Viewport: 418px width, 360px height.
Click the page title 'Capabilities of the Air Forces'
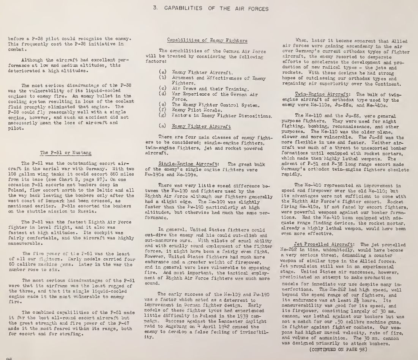click(208, 8)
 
